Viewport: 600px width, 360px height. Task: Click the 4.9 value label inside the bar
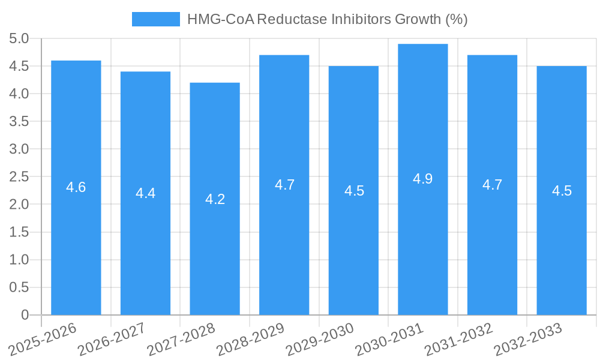click(x=422, y=179)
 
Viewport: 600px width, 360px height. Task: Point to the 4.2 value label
click(x=215, y=199)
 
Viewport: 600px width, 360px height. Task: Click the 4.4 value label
click(x=145, y=193)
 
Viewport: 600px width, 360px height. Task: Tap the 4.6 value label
click(x=76, y=187)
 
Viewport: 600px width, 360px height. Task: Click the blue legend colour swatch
click(x=156, y=19)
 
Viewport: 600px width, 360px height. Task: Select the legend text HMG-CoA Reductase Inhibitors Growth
click(x=327, y=19)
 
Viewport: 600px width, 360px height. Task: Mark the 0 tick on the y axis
click(x=25, y=315)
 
